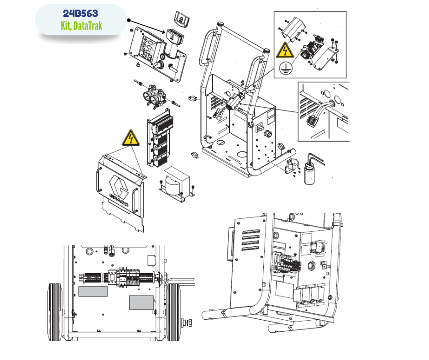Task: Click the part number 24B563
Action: (x=80, y=13)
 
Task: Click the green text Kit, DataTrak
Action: (x=81, y=26)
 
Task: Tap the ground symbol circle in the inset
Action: (x=286, y=68)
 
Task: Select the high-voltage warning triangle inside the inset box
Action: (x=285, y=50)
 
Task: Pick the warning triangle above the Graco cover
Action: (x=131, y=138)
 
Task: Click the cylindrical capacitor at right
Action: (x=309, y=174)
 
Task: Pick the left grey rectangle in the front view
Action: (x=93, y=291)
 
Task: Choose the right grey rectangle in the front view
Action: (x=141, y=303)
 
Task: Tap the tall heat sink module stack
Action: (x=160, y=138)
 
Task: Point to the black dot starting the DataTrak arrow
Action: (x=129, y=20)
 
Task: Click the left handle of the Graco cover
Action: (x=98, y=180)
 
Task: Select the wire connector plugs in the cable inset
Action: (x=313, y=120)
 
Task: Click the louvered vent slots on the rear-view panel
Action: (x=251, y=240)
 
